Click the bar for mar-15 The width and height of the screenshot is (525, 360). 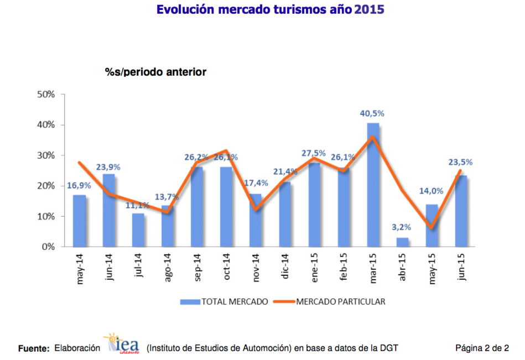373,185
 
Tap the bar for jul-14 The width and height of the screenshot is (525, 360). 138,230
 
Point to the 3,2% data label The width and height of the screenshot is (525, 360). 402,227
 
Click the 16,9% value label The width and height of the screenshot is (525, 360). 79,185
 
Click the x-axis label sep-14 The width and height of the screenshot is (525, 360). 197,268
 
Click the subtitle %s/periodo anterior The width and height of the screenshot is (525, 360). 155,72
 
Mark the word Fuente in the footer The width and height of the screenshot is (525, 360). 34,348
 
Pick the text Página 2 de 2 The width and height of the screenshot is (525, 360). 482,348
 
